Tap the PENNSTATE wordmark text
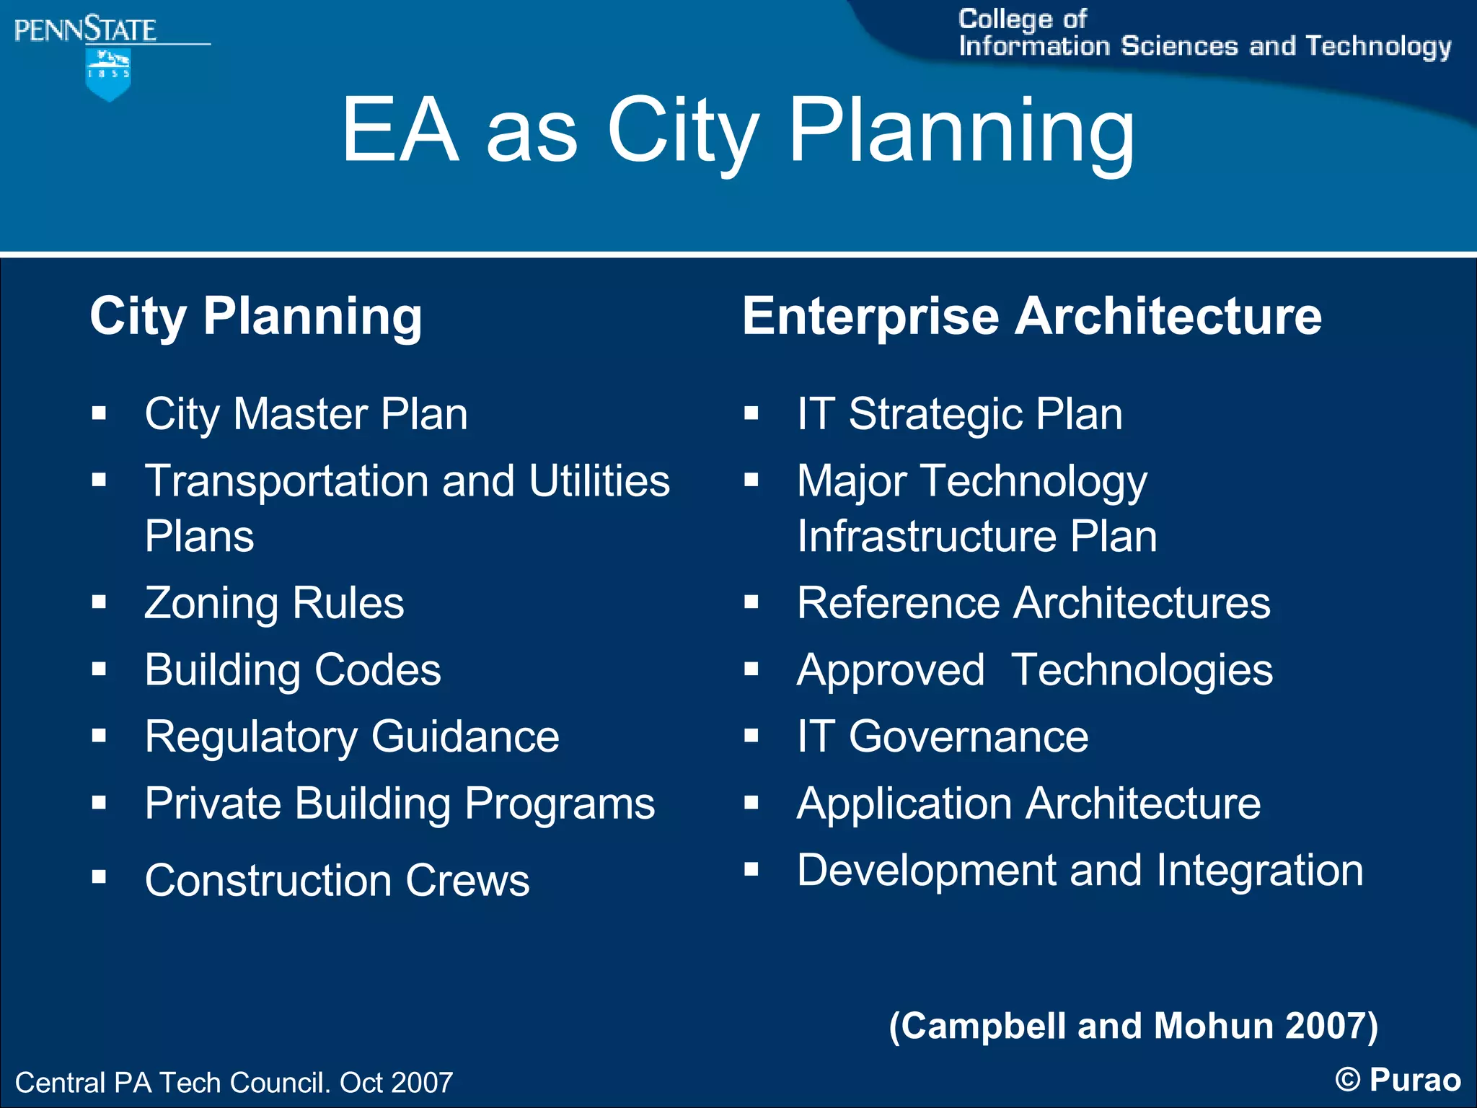click(85, 30)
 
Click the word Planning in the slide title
click(961, 131)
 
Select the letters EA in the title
click(400, 131)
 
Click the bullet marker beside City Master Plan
click(100, 413)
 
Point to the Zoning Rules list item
click(274, 603)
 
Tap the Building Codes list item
click(293, 670)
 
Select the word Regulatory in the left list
click(251, 737)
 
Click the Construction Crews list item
click(337, 880)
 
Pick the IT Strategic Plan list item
click(959, 414)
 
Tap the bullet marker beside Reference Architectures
click(751, 602)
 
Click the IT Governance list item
click(942, 737)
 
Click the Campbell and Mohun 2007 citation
click(1133, 1026)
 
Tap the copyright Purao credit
click(1398, 1080)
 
